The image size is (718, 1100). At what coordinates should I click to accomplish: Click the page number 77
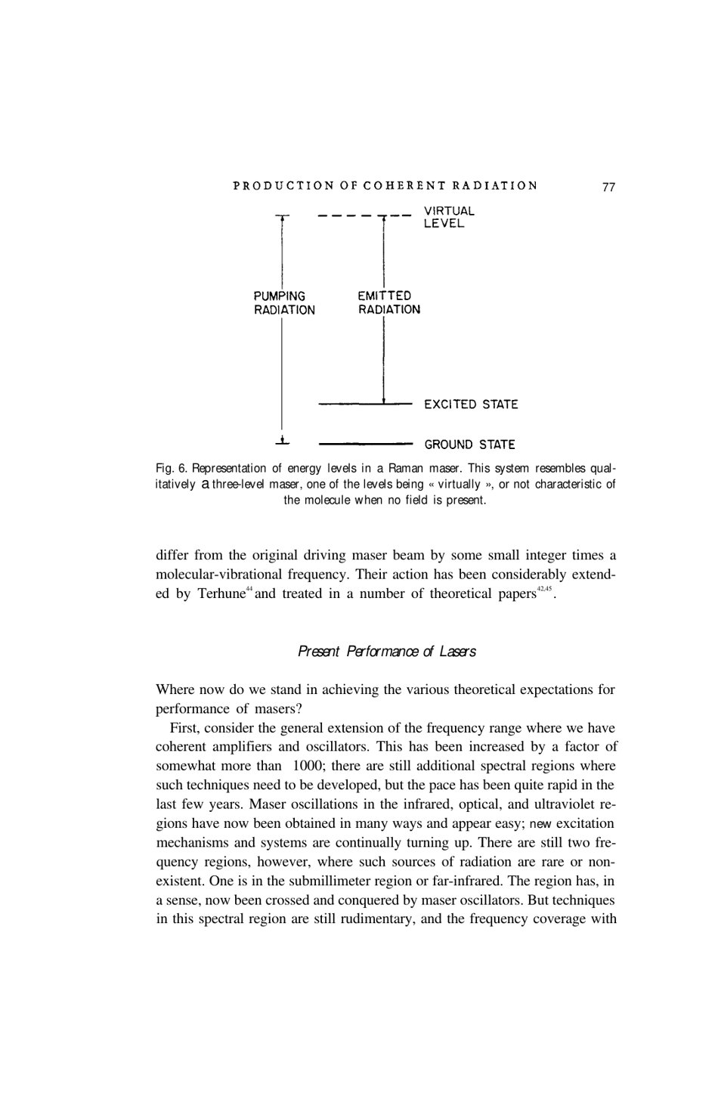(x=609, y=187)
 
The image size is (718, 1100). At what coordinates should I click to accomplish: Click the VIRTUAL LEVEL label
(x=449, y=218)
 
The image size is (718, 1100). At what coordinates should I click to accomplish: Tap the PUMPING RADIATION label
(x=284, y=303)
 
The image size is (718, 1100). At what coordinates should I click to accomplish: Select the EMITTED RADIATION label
(x=388, y=302)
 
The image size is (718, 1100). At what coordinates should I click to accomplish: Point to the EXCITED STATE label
(x=471, y=404)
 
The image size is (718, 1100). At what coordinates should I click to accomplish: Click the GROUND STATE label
(x=469, y=445)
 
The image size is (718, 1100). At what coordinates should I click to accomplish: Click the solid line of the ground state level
(x=366, y=444)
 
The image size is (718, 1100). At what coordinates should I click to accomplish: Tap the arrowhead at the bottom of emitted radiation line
(x=384, y=399)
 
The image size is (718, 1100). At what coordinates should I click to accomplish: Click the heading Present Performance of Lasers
(x=386, y=652)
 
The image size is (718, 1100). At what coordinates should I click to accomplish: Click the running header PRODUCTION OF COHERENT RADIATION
(x=385, y=186)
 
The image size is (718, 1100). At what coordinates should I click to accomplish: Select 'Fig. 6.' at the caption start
(x=171, y=468)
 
